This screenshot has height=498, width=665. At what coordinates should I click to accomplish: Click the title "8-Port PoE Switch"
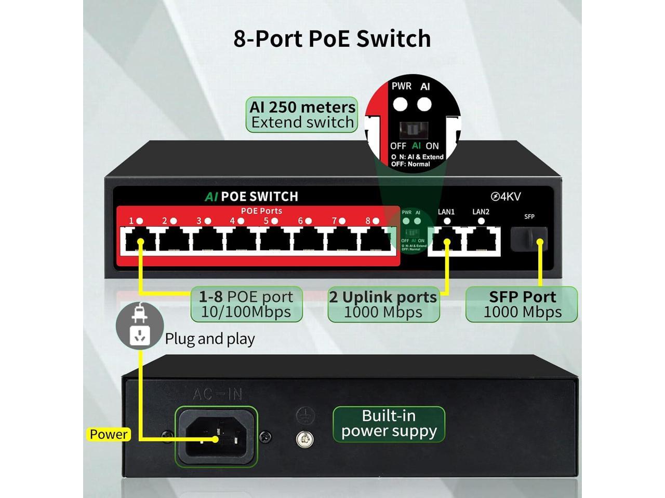pos(332,38)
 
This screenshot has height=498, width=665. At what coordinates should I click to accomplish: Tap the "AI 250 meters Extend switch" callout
pos(302,115)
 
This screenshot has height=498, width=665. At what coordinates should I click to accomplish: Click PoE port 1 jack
pos(140,241)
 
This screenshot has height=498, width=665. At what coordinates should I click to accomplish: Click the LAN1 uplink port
pos(446,241)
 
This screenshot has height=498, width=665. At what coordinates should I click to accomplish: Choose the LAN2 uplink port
pos(482,241)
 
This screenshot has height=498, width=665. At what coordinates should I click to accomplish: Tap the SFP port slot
pos(528,239)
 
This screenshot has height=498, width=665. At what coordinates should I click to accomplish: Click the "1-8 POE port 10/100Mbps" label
pos(246,304)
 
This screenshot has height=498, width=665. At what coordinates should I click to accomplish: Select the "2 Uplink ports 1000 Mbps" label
pos(383,304)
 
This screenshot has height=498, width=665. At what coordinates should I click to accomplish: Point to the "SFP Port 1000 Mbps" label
pos(522,304)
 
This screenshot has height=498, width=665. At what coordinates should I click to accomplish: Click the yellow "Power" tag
pos(108,434)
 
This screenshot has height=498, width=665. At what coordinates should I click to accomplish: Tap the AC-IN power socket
pos(217,436)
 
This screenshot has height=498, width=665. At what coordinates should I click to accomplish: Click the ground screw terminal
pos(304,439)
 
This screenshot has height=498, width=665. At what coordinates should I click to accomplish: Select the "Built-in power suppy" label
pos(389,424)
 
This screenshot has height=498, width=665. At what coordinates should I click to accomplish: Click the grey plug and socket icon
pos(139,325)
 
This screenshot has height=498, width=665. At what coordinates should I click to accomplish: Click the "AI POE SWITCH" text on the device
pos(251,197)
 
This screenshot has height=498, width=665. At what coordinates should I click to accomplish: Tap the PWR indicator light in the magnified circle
pos(400,104)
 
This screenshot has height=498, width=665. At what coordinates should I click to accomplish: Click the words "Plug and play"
pos(210,339)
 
